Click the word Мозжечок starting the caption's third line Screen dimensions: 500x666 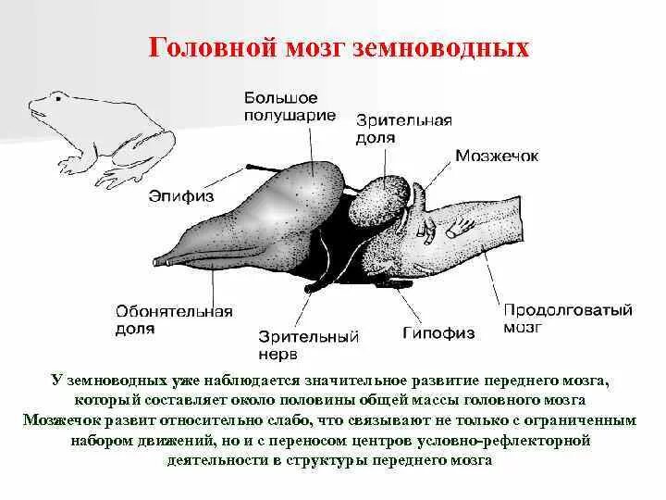pos(64,419)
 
